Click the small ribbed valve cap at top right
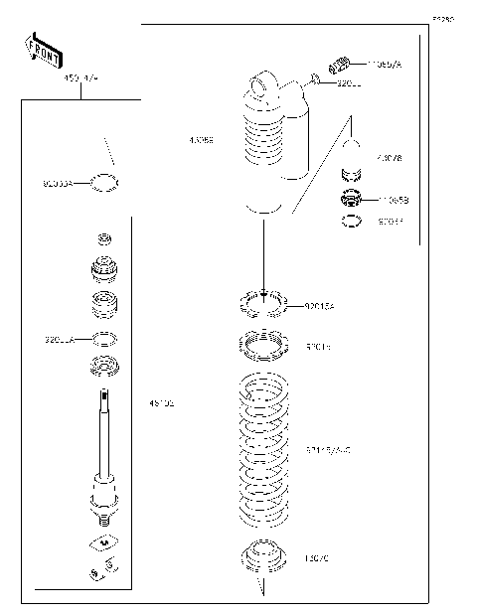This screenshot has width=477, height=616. pyautogui.click(x=337, y=66)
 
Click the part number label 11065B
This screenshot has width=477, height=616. pyautogui.click(x=393, y=200)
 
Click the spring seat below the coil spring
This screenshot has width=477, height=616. pyautogui.click(x=262, y=556)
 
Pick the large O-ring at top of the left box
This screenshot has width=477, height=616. pyautogui.click(x=105, y=182)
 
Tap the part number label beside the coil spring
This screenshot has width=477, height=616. pyautogui.click(x=327, y=450)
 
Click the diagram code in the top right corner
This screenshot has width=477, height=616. pyautogui.click(x=441, y=19)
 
